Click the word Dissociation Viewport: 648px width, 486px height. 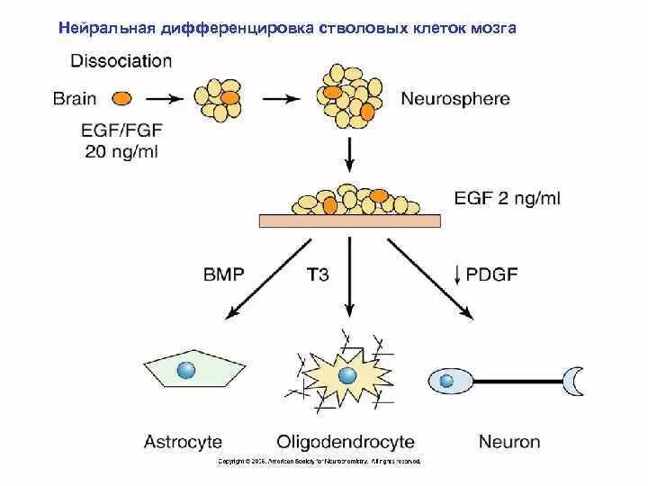point(120,61)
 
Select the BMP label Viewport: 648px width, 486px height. point(223,274)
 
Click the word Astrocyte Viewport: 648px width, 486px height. point(182,442)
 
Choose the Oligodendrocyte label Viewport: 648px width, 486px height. point(345,442)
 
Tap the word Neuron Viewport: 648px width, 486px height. point(510,442)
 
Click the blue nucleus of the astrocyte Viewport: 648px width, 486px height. point(186,370)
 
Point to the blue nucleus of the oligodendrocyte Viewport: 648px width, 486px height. point(346,375)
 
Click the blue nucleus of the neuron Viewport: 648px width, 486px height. point(445,381)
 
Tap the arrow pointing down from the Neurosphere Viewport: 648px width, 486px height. point(348,158)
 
